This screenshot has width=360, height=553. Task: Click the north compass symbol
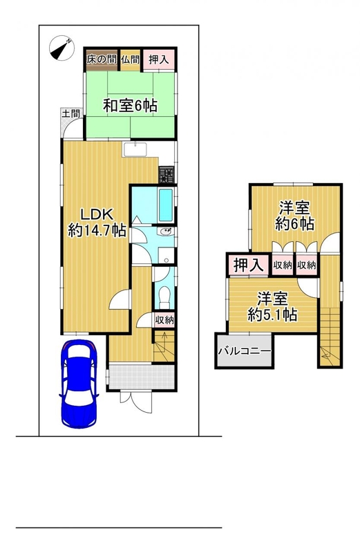[61, 48]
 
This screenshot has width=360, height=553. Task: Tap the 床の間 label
[102, 59]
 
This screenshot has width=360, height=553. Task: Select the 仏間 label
[131, 59]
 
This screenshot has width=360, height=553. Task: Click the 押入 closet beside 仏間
[158, 59]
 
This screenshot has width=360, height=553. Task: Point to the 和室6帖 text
[130, 105]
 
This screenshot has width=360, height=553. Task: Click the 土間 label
[71, 113]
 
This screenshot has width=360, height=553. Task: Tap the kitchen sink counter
[135, 149]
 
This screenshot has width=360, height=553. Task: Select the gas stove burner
[167, 175]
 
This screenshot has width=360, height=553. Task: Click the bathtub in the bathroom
[166, 205]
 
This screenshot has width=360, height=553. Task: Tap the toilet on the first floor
[164, 297]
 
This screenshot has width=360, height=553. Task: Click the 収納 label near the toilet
[164, 320]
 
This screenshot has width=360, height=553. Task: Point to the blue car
[79, 384]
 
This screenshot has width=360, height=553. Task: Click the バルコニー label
[245, 351]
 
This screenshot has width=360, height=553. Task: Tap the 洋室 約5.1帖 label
[272, 306]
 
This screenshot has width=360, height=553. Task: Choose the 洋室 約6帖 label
[295, 216]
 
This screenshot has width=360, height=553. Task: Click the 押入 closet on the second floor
[249, 265]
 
